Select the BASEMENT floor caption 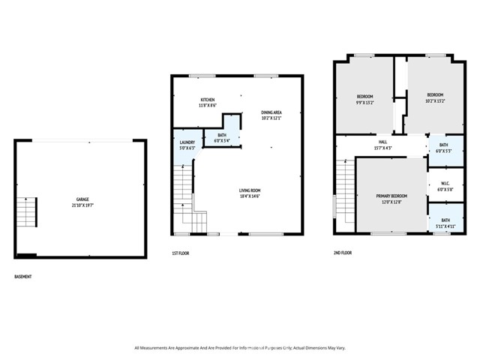tap(23, 277)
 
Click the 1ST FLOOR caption tap(180, 253)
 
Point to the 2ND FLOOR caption tap(342, 253)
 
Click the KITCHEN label tap(208, 100)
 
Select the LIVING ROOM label tap(250, 190)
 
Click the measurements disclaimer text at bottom tap(240, 348)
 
